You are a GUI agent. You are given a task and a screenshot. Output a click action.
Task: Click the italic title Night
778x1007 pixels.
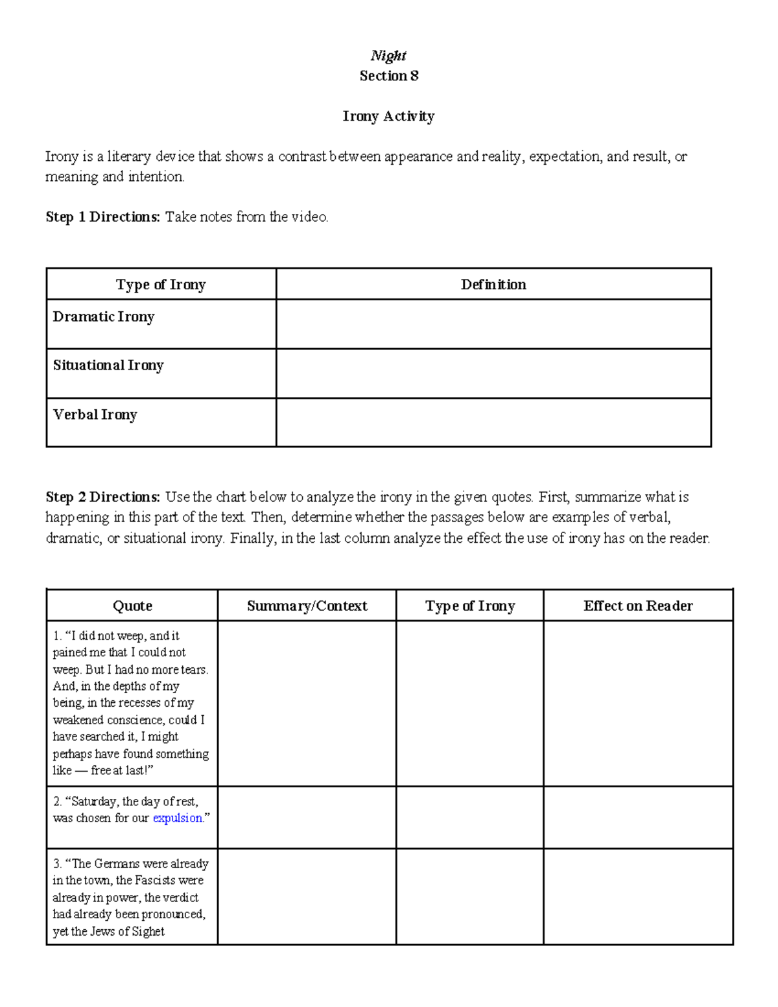click(x=388, y=56)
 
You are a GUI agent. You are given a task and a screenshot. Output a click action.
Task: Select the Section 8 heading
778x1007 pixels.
click(x=388, y=76)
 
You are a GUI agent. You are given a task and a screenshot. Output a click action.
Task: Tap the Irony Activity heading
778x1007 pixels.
click(x=388, y=116)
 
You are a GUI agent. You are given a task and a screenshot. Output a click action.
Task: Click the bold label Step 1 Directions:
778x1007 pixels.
click(x=102, y=217)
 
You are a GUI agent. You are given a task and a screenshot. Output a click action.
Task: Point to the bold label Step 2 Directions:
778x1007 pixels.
click(x=102, y=497)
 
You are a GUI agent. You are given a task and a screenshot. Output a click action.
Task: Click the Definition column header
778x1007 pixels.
click(x=493, y=285)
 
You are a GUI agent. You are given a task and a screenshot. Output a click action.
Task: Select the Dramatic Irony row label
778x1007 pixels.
click(x=104, y=317)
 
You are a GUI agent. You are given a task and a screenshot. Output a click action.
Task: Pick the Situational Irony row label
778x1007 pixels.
click(x=108, y=366)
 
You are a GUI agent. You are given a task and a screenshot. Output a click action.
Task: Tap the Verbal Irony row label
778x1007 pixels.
click(x=95, y=415)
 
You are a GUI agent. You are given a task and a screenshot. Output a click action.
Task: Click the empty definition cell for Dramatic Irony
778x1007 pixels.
click(x=493, y=324)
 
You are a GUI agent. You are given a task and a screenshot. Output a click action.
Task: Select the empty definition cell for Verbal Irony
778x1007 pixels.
click(x=493, y=422)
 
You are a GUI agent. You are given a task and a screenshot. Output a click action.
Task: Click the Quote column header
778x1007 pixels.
click(x=132, y=606)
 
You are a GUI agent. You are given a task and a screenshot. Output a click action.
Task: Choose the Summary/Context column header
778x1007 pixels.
click(x=307, y=606)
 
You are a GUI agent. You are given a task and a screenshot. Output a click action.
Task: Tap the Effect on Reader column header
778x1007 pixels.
click(x=638, y=606)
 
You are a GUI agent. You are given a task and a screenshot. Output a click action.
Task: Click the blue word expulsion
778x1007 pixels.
click(x=178, y=818)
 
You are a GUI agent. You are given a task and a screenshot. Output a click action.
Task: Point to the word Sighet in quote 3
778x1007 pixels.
click(x=148, y=932)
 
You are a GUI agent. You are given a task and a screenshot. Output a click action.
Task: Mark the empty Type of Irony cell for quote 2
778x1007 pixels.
click(x=469, y=817)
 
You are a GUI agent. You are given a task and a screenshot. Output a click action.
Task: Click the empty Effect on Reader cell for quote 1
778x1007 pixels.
click(x=638, y=704)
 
